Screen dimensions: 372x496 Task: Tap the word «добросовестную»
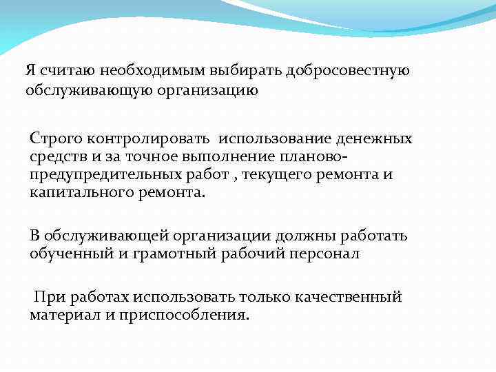[x=353, y=70]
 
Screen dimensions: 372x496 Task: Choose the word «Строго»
[x=53, y=138]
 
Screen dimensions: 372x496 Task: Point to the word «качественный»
[x=349, y=297]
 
